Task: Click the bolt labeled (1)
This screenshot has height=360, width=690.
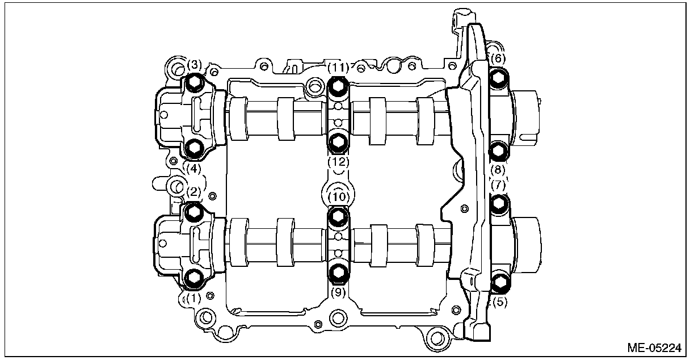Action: (x=195, y=277)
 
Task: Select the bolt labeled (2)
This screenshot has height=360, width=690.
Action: (x=194, y=211)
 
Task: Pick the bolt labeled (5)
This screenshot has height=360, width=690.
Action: (x=499, y=281)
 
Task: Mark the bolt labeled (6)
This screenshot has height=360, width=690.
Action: (x=498, y=78)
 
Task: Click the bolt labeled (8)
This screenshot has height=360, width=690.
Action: (x=498, y=150)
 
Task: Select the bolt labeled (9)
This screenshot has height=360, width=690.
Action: (x=338, y=274)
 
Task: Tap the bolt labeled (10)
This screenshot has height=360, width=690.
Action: (x=338, y=215)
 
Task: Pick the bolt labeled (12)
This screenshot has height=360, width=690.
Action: (x=338, y=141)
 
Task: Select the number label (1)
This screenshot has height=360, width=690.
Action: (x=193, y=297)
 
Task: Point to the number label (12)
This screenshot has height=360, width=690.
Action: (x=339, y=162)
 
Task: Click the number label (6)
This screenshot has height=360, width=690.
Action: (x=497, y=58)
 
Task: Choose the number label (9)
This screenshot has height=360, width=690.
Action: (x=339, y=294)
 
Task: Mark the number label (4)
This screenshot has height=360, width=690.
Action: (x=193, y=168)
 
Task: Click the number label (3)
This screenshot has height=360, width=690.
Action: (x=195, y=64)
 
